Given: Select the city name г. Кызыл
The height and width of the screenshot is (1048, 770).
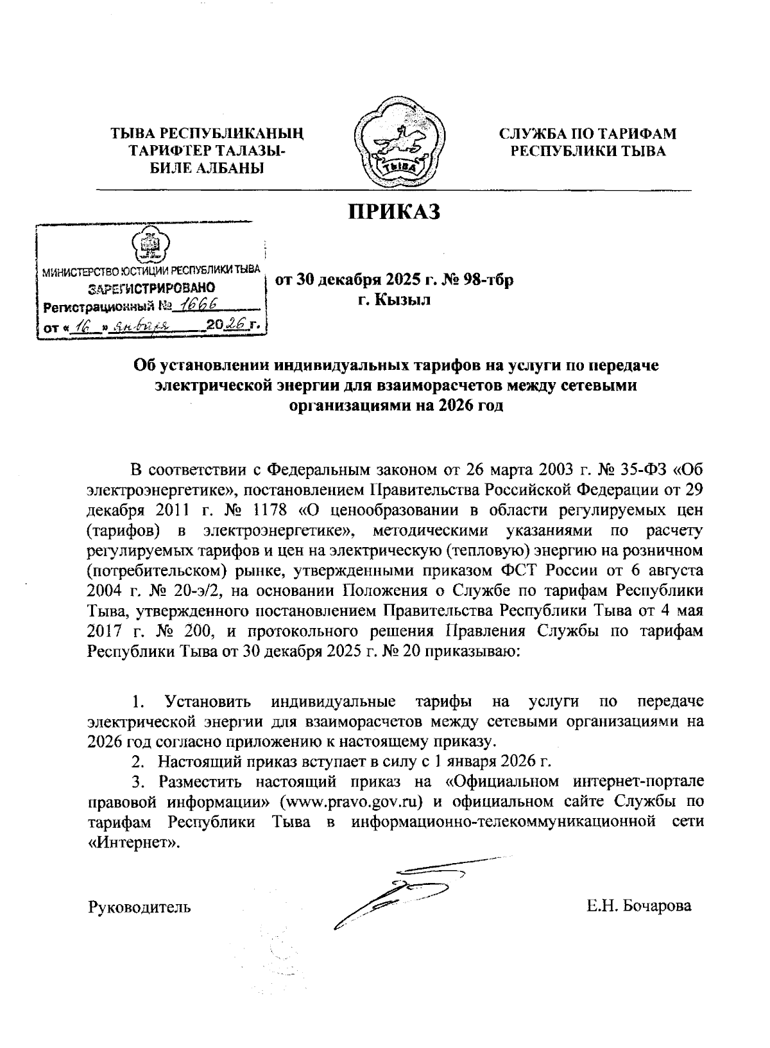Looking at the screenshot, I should point(394,299).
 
